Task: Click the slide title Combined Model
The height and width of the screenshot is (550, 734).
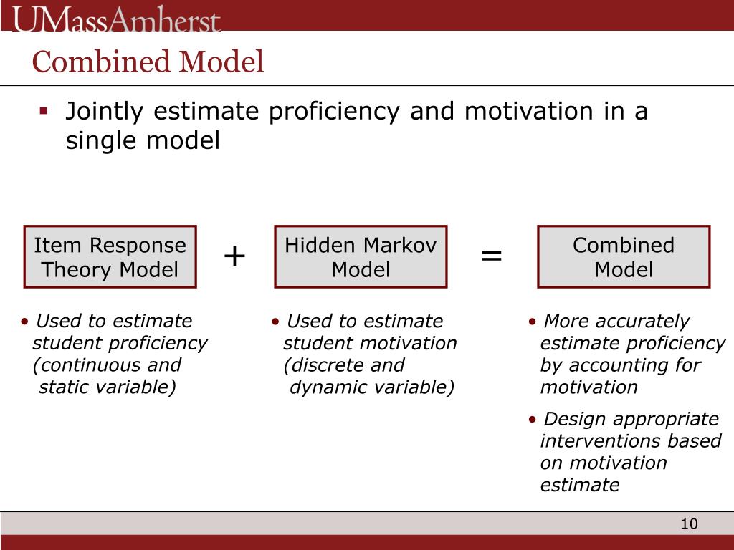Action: click(148, 62)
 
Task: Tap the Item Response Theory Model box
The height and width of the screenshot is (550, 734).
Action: click(110, 257)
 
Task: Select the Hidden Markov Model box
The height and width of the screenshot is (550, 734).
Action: click(361, 257)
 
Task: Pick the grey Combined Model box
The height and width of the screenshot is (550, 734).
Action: click(624, 257)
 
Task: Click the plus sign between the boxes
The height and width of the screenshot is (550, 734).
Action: click(234, 256)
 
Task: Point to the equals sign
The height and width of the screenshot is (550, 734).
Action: click(492, 256)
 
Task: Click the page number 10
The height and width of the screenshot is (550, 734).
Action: click(689, 524)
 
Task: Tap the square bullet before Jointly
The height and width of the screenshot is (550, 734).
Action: click(44, 111)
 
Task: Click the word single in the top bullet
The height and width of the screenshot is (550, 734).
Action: click(101, 141)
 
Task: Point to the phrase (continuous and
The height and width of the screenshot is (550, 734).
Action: click(107, 365)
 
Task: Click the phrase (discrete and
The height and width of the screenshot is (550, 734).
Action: click(344, 365)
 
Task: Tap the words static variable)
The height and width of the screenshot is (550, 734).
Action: click(108, 387)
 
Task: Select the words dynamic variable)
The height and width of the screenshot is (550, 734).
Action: click(372, 387)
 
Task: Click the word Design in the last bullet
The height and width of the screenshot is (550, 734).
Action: click(576, 419)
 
